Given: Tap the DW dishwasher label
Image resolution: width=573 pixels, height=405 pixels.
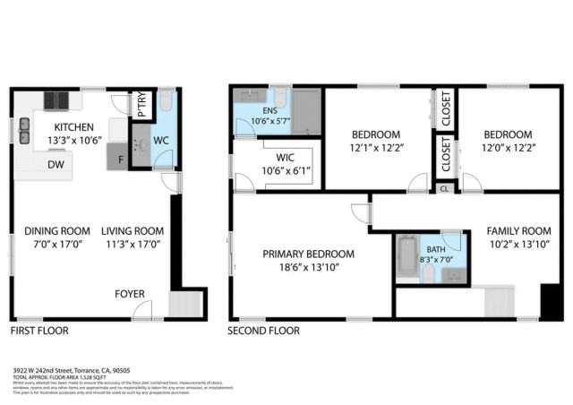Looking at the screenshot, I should pos(56,164).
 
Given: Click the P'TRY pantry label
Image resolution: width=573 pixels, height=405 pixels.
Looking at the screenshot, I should pos(142,104).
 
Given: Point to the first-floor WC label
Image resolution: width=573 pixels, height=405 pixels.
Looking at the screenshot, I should pos(161,141).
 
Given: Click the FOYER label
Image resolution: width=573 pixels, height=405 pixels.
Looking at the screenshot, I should pos(129,294).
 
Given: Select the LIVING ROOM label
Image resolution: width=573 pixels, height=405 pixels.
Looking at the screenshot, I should pos(132,229).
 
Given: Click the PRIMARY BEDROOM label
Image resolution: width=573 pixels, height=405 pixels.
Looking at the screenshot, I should pos(308,254).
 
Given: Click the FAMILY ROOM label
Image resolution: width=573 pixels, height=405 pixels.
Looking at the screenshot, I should pos(518,229).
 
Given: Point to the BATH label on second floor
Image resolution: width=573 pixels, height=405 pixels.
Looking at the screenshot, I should pos(436,250).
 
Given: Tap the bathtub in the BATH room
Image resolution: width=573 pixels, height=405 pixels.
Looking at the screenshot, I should pos(407,258).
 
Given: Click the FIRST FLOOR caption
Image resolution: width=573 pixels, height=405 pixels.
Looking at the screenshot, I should pos(38,331).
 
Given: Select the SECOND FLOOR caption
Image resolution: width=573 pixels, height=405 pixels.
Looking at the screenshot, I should pos(264,331).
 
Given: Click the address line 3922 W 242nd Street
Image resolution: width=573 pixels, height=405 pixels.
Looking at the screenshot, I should pos(72,369).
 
